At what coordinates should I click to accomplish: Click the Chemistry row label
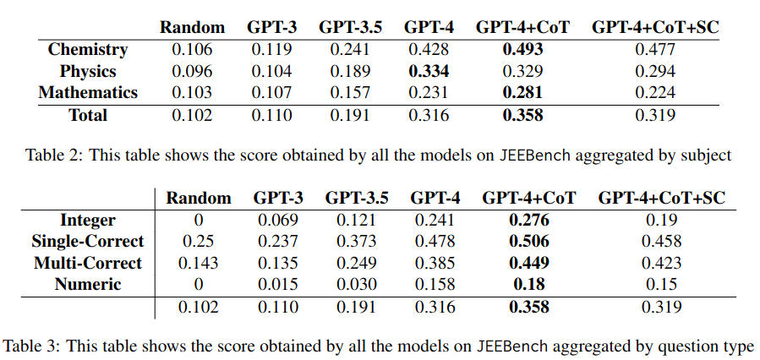(x=88, y=50)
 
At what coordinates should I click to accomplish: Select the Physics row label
(x=88, y=71)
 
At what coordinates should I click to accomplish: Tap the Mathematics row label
(x=88, y=92)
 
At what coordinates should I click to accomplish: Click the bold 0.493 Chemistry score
(x=522, y=50)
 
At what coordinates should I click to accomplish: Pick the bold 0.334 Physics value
(x=429, y=71)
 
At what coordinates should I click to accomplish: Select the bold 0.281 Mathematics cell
(x=522, y=92)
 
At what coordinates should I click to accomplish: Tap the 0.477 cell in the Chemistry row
(x=655, y=50)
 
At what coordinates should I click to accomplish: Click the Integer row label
(x=88, y=221)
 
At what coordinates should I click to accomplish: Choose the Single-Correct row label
(x=88, y=242)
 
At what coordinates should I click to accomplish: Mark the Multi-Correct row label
(x=88, y=263)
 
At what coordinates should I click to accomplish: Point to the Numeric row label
(x=88, y=285)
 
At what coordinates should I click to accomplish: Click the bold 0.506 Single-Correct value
(x=529, y=242)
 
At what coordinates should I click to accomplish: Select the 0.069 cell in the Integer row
(x=279, y=221)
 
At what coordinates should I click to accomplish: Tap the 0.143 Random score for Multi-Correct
(x=199, y=263)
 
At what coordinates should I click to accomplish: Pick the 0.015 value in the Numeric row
(x=279, y=285)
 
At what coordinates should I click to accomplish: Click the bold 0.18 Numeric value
(x=529, y=285)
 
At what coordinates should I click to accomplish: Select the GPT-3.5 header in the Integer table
(x=358, y=199)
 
